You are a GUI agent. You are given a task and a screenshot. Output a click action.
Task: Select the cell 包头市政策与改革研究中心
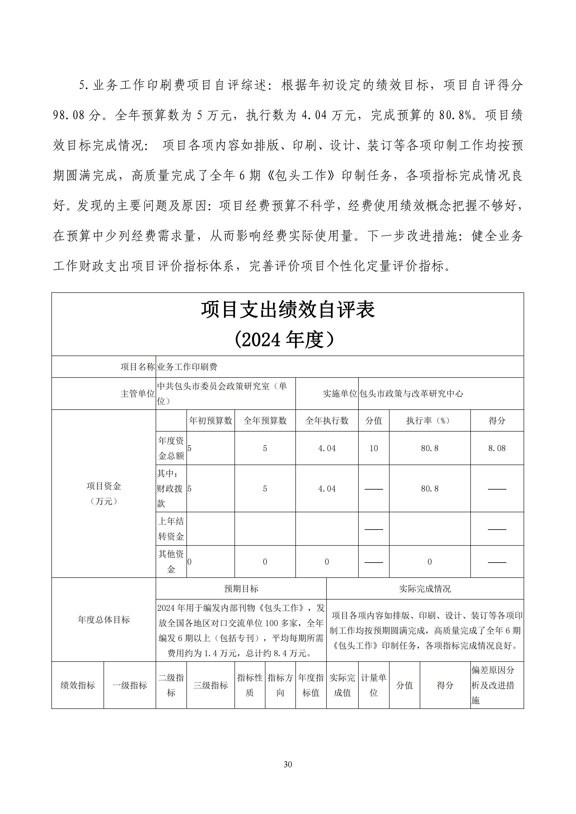click(411, 394)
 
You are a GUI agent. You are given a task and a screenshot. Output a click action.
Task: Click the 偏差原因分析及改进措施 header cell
click(497, 685)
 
